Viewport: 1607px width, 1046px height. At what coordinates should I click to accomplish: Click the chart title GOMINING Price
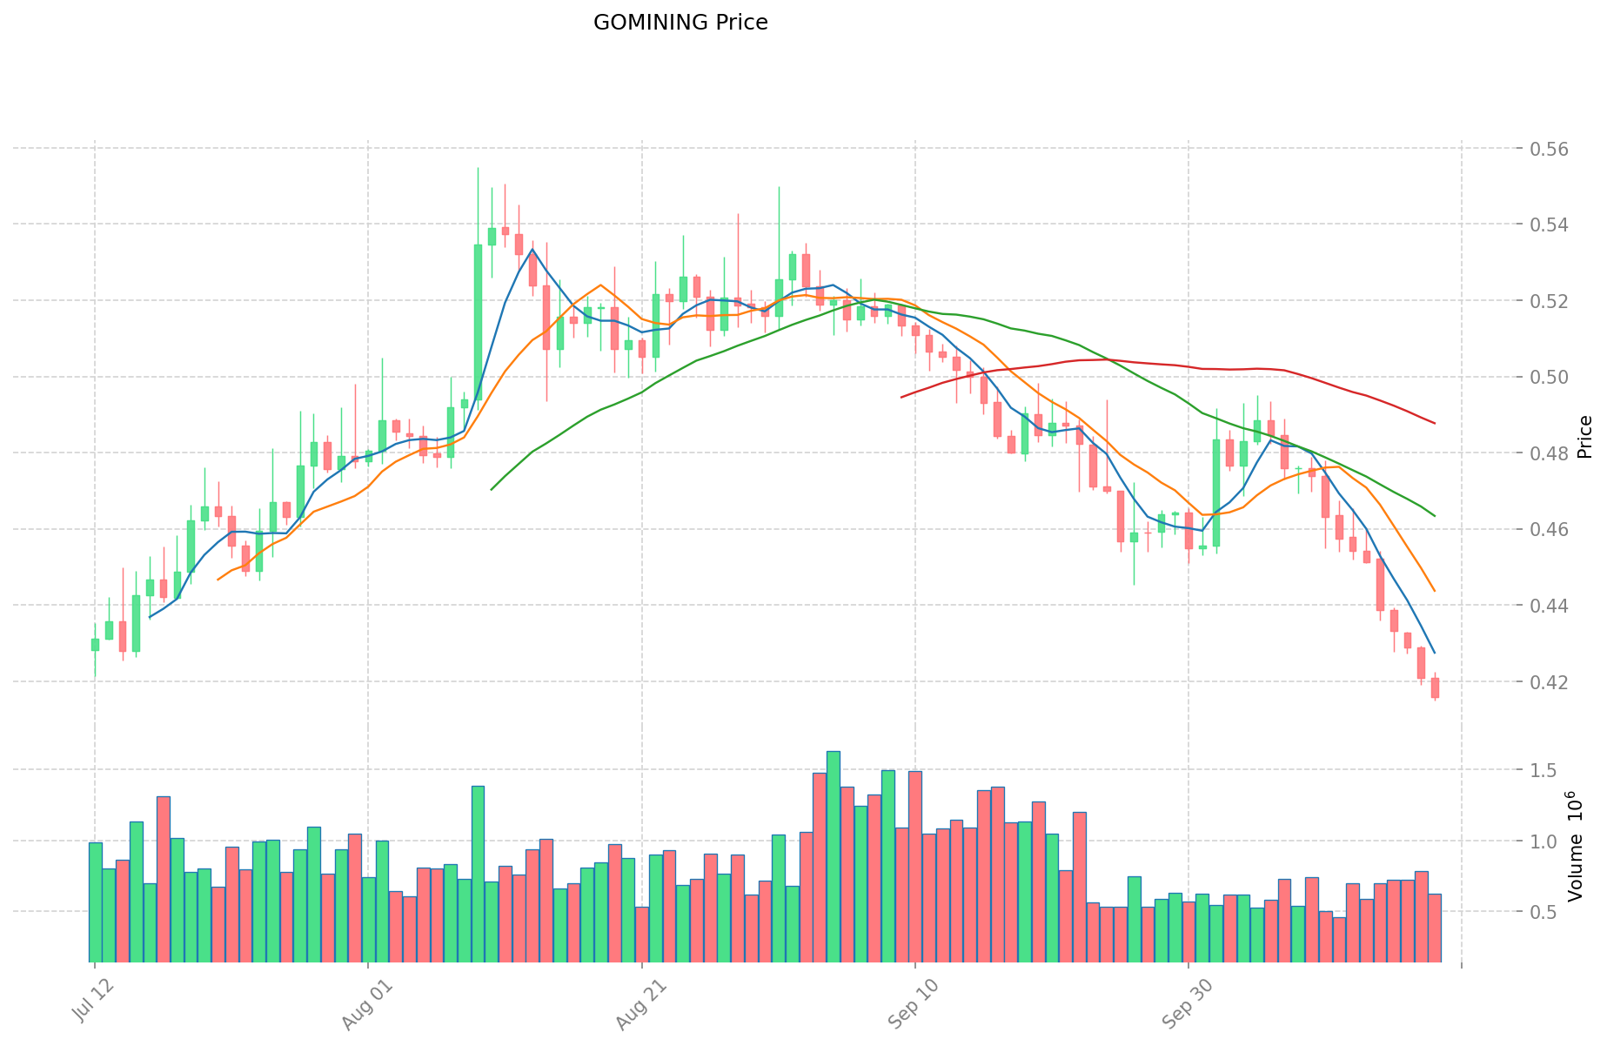tap(680, 23)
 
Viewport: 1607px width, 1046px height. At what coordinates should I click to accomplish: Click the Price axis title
tap(1584, 437)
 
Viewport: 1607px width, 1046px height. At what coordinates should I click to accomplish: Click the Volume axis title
tap(1576, 846)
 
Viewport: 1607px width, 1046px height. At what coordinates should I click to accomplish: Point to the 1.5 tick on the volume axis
tap(1545, 770)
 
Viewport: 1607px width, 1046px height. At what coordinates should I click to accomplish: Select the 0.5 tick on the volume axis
tap(1545, 912)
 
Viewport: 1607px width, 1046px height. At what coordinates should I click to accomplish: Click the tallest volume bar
tap(833, 857)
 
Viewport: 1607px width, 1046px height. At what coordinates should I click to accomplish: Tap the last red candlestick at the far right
tap(1435, 687)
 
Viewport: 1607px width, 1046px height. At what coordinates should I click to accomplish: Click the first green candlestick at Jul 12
tap(95, 645)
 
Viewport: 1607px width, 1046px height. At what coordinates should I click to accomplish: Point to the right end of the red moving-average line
tap(1435, 423)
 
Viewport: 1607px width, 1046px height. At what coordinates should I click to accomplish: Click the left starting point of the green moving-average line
tap(492, 490)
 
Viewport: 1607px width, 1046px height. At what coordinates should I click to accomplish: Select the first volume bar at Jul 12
tap(95, 902)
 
